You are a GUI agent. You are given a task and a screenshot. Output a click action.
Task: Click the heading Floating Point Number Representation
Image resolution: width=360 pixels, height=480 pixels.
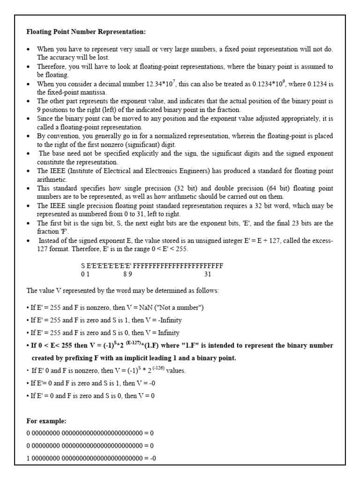point(86,32)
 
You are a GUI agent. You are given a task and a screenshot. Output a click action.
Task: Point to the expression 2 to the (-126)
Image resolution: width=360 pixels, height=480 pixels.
point(150,370)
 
